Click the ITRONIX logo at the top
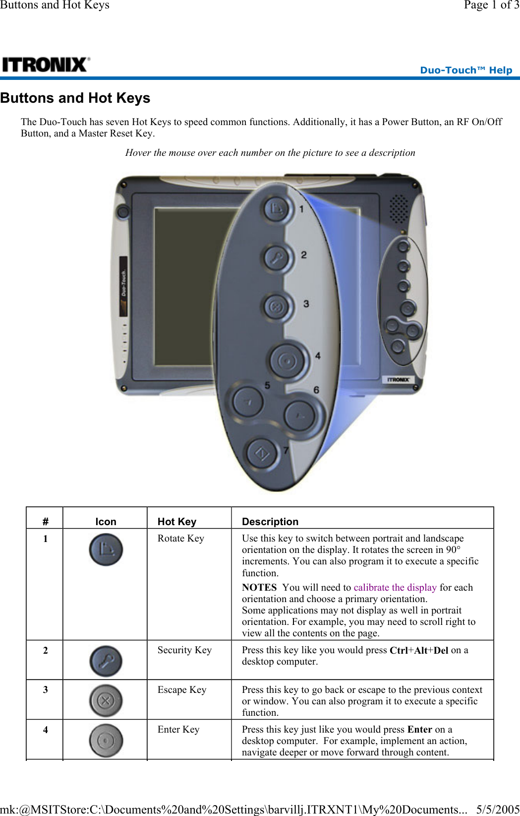point(46,65)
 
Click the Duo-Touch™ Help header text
point(465,70)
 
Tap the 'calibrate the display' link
point(395,587)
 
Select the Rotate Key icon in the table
point(106,549)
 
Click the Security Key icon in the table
point(106,661)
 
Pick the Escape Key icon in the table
point(106,700)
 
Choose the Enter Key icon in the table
point(106,741)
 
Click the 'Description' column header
point(270,521)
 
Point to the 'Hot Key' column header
point(176,521)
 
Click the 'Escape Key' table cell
point(181,689)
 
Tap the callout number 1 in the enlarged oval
point(301,209)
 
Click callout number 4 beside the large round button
point(318,355)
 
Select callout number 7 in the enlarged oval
point(286,450)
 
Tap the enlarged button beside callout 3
point(276,307)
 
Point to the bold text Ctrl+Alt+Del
point(418,650)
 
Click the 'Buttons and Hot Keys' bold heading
point(75,98)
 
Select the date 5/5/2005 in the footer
point(497,809)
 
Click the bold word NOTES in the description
point(259,587)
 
